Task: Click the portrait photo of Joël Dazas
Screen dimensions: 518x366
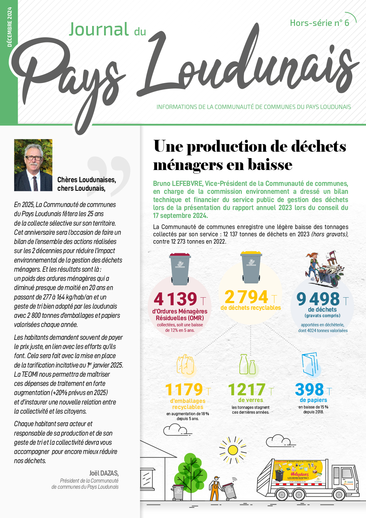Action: click(33, 165)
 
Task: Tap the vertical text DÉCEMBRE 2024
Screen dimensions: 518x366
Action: click(9, 27)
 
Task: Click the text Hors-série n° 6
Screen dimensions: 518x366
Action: click(319, 23)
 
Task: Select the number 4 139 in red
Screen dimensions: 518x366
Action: click(176, 299)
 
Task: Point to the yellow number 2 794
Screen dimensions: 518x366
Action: click(246, 297)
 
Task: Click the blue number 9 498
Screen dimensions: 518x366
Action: click(318, 299)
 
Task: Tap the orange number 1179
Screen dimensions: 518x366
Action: click(184, 389)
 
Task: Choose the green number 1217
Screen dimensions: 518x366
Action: click(247, 389)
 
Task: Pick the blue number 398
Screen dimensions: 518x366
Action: click(309, 389)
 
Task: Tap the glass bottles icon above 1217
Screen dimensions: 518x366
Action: click(247, 364)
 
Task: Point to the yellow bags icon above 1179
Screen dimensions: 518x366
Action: click(185, 364)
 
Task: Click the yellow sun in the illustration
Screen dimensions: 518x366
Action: click(233, 450)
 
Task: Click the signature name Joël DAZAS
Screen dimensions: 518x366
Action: click(104, 473)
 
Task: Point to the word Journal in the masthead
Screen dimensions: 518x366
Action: click(99, 30)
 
